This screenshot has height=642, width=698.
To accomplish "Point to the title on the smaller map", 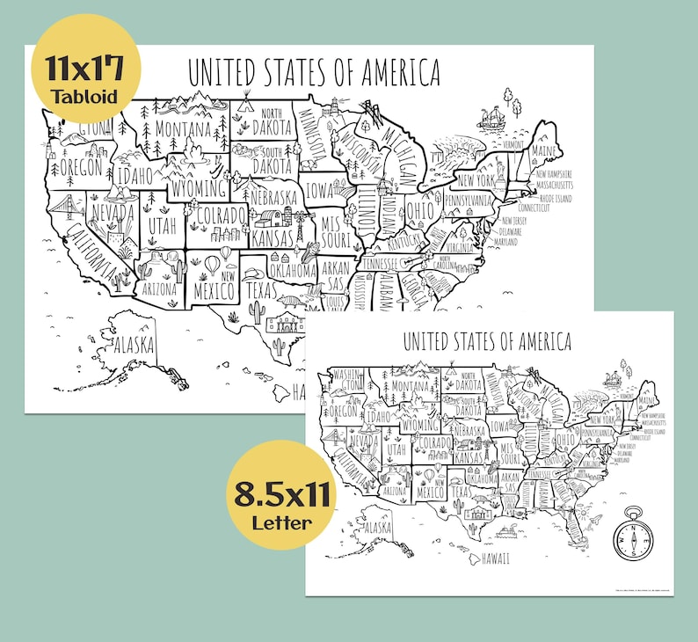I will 487,341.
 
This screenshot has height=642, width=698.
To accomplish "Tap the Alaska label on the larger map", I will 135,343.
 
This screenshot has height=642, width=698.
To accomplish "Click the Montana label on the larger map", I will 183,129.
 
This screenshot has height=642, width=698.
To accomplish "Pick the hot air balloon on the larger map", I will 212,263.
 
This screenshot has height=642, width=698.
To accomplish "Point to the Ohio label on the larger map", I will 418,211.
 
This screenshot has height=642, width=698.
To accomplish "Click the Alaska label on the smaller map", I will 377,527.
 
